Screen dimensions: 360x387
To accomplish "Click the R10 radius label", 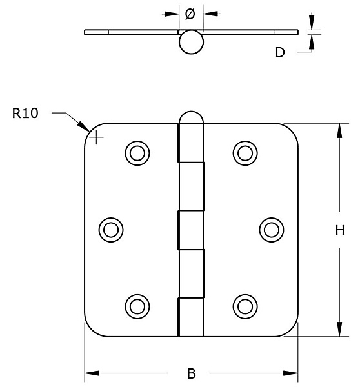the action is (x=25, y=114).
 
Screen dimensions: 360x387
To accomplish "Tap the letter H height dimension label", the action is (x=340, y=230).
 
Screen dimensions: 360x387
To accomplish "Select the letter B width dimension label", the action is (x=192, y=373).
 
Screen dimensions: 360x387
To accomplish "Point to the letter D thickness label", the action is (x=280, y=52).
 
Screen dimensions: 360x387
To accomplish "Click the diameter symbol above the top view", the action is (x=190, y=14).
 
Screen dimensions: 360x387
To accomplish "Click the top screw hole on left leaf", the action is (x=137, y=153).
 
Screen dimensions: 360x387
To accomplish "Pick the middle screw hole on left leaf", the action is (x=111, y=230).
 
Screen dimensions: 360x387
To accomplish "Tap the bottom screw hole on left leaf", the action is (x=137, y=306).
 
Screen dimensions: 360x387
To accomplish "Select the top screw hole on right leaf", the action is (x=245, y=153).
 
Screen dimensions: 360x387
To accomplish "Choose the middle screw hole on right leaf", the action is (x=272, y=230).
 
